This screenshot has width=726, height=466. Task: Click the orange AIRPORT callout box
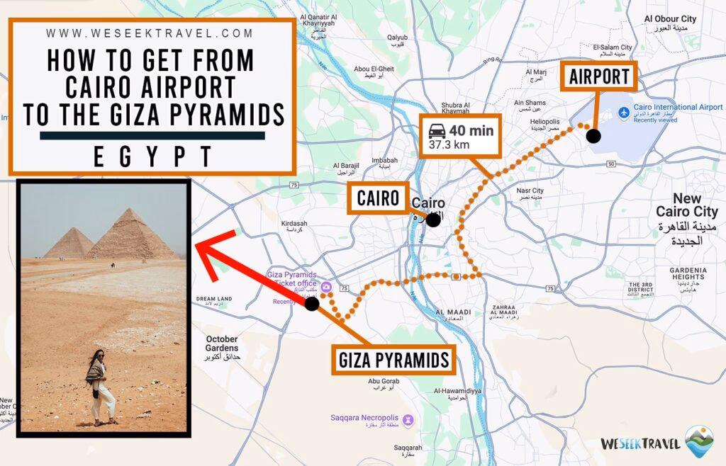pyautogui.click(x=599, y=76)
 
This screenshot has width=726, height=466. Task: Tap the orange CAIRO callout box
pyautogui.click(x=378, y=199)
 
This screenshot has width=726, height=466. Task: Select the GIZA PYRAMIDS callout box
pyautogui.click(x=394, y=360)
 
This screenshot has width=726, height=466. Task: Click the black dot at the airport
pyautogui.click(x=593, y=136)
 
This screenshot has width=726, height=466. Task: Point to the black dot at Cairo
pyautogui.click(x=433, y=220)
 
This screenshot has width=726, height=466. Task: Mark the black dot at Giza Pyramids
pyautogui.click(x=311, y=304)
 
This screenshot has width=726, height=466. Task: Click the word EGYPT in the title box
pyautogui.click(x=152, y=157)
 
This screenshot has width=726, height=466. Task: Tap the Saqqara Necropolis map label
pyautogui.click(x=364, y=418)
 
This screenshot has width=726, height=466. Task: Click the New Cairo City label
pyautogui.click(x=686, y=205)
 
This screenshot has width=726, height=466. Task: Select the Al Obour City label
pyautogui.click(x=670, y=19)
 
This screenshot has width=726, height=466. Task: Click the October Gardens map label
pyautogui.click(x=221, y=343)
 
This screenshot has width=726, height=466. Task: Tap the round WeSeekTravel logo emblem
pyautogui.click(x=699, y=441)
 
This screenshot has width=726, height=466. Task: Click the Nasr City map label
pyautogui.click(x=530, y=191)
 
